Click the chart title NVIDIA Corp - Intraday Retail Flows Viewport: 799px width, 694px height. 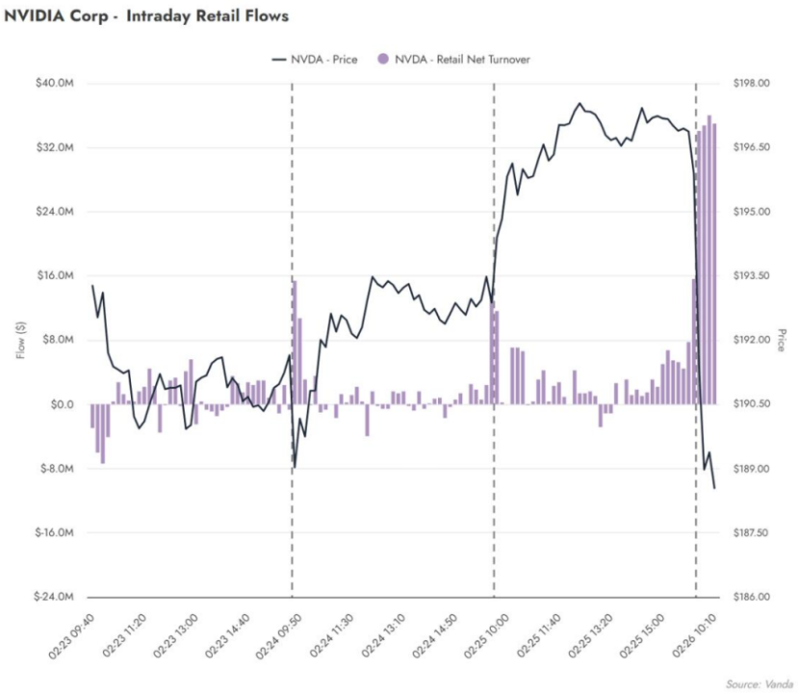point(147,16)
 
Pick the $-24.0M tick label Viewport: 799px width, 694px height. point(52,597)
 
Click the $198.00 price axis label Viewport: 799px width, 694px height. point(751,84)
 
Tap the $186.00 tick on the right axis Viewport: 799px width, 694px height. point(751,597)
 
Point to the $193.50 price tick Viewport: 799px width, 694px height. point(751,276)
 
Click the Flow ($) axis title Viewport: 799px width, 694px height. point(20,340)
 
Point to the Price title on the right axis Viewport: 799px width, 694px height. point(782,340)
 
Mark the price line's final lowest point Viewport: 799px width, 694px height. point(714,488)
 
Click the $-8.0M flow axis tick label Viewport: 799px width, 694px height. point(54,469)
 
